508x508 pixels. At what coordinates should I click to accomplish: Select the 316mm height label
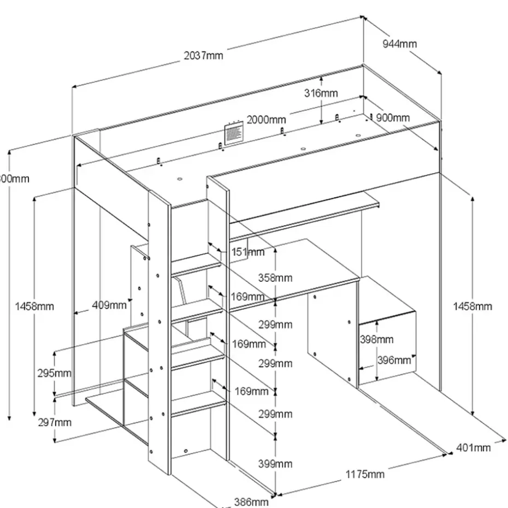pyautogui.click(x=321, y=93)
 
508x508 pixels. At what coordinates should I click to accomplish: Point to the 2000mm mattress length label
pyautogui.click(x=266, y=120)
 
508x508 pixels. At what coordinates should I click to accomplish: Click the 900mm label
pyautogui.click(x=393, y=118)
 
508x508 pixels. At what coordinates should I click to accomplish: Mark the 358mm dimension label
pyautogui.click(x=275, y=277)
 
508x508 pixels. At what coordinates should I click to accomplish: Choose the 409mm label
pyautogui.click(x=110, y=304)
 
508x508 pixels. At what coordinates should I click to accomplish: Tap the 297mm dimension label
pyautogui.click(x=55, y=422)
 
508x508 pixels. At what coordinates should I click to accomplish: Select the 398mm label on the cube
pyautogui.click(x=376, y=339)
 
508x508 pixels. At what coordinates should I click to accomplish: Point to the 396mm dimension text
pyautogui.click(x=394, y=360)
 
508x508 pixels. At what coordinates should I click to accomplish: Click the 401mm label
pyautogui.click(x=473, y=448)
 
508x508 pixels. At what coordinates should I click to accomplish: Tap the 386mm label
pyautogui.click(x=251, y=501)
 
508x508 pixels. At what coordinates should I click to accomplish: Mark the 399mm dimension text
pyautogui.click(x=275, y=464)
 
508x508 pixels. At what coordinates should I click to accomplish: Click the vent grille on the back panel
pyautogui.click(x=233, y=133)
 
